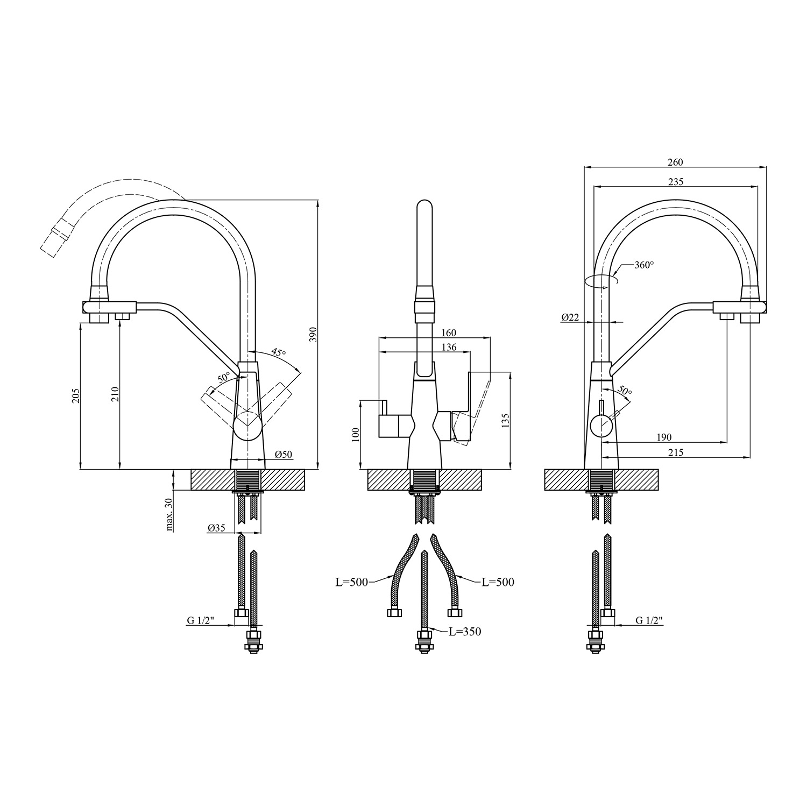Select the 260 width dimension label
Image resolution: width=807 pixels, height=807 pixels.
click(x=675, y=162)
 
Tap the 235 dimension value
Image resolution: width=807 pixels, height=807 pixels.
click(x=675, y=182)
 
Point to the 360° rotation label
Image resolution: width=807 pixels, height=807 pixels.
click(x=644, y=265)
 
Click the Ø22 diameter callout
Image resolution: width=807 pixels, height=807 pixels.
click(x=570, y=317)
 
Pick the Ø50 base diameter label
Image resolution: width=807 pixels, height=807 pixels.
click(x=284, y=455)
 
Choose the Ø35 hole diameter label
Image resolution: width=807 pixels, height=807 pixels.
click(x=216, y=528)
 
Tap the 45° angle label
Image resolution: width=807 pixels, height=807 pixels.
click(x=278, y=352)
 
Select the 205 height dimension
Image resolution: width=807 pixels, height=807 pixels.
click(x=75, y=397)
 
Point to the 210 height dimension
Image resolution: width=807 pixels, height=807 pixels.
click(x=115, y=395)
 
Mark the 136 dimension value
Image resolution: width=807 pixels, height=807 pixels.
click(x=448, y=347)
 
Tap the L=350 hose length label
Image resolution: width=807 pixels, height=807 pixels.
click(x=465, y=632)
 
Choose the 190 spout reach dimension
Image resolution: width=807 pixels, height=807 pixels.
click(x=663, y=437)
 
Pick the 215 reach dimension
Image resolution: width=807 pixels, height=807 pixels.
click(x=675, y=452)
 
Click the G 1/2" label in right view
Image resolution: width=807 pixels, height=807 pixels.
click(x=649, y=620)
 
